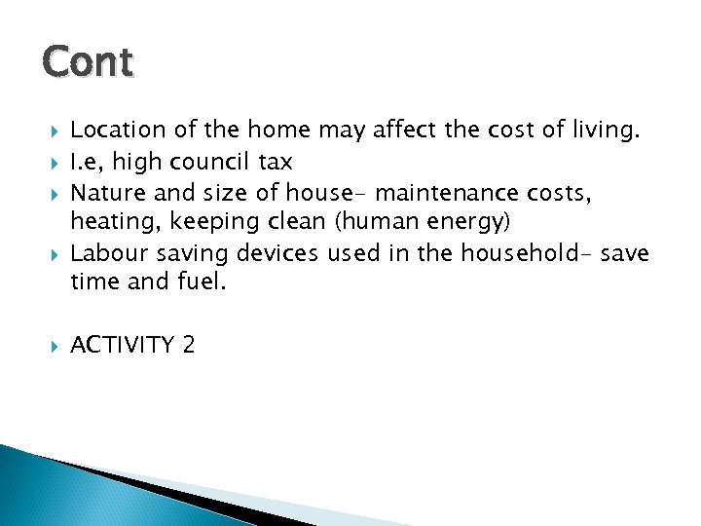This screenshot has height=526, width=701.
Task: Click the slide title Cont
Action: click(x=88, y=62)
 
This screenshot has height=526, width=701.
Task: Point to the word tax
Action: click(x=274, y=161)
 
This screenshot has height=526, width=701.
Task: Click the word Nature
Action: click(x=107, y=192)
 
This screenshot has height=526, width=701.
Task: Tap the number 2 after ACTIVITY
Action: click(x=188, y=344)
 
